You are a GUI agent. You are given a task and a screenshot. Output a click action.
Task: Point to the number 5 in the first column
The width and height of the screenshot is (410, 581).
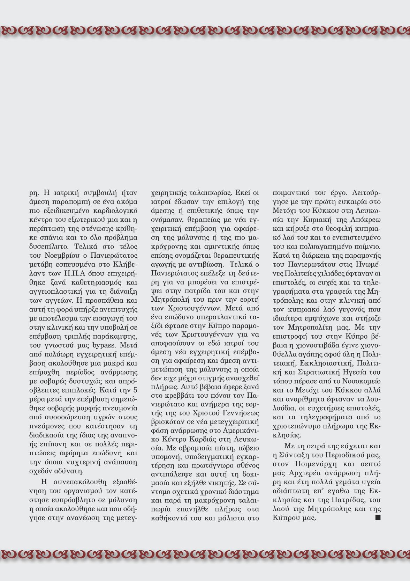click(135, 390)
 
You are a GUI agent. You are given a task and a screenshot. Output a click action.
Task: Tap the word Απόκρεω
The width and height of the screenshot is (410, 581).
click(365, 220)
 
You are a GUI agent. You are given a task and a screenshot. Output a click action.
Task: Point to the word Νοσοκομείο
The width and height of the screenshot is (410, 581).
click(362, 381)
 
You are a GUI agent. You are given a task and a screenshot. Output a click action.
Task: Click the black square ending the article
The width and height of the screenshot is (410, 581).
click(378, 517)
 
